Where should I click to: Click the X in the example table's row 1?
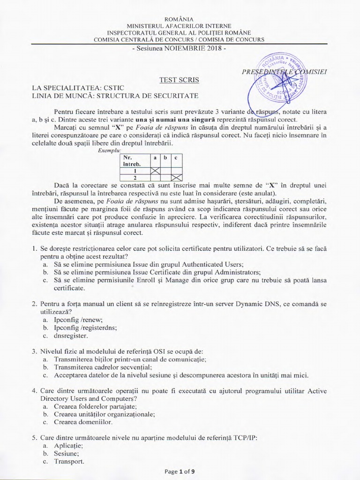(x=155, y=171)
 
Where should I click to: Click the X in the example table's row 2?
(x=176, y=178)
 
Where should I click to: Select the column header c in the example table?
(x=176, y=158)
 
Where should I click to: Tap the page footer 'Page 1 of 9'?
(x=180, y=472)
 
